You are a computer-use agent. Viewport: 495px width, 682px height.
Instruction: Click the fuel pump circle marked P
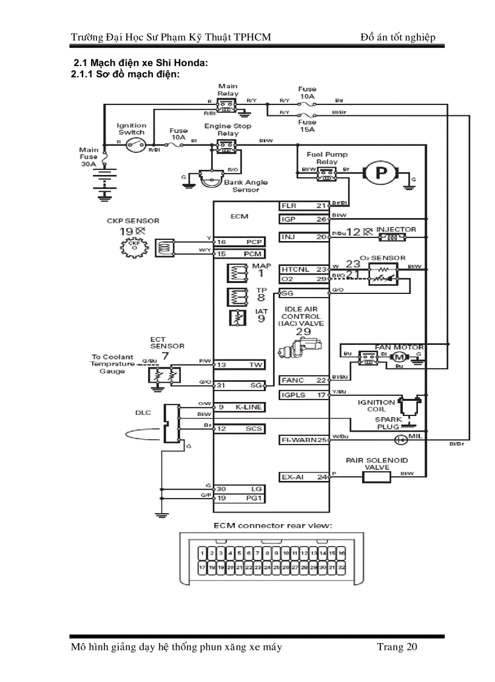(380, 173)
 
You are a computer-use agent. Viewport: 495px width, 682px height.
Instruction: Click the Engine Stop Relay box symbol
(226, 146)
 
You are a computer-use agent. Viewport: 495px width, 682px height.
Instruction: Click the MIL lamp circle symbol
(400, 440)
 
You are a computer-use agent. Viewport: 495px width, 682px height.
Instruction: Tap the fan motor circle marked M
(399, 356)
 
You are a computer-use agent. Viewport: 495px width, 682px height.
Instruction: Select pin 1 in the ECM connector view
(202, 553)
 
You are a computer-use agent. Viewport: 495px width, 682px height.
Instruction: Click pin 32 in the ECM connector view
(342, 567)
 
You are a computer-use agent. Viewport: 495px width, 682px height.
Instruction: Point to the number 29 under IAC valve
(303, 331)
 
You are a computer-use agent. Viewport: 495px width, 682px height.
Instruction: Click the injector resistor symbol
(393, 237)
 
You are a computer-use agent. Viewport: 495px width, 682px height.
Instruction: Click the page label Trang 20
(397, 647)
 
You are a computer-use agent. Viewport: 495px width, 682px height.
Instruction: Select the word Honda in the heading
(189, 63)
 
